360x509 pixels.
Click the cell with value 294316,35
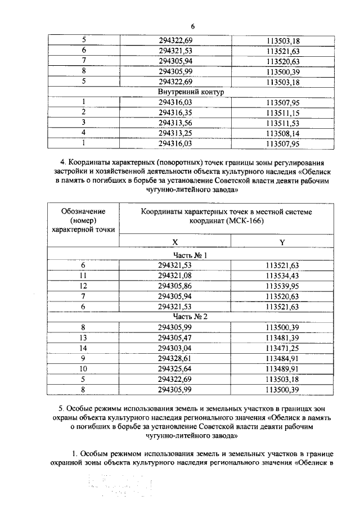click(x=175, y=112)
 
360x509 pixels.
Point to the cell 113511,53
click(x=282, y=123)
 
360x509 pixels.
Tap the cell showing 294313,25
click(x=175, y=133)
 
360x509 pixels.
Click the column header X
click(x=175, y=241)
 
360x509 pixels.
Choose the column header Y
click(x=282, y=242)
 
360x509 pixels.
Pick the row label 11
click(x=83, y=275)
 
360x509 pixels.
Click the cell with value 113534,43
click(x=282, y=275)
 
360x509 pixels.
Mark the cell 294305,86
click(x=175, y=285)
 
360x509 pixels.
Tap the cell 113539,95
click(x=282, y=285)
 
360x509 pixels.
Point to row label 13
click(x=83, y=337)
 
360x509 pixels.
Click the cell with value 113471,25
click(x=282, y=348)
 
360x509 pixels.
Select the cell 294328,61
click(x=175, y=358)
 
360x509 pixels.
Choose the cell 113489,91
click(x=282, y=368)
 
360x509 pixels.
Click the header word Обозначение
click(x=83, y=210)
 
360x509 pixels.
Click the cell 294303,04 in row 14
click(x=175, y=348)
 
